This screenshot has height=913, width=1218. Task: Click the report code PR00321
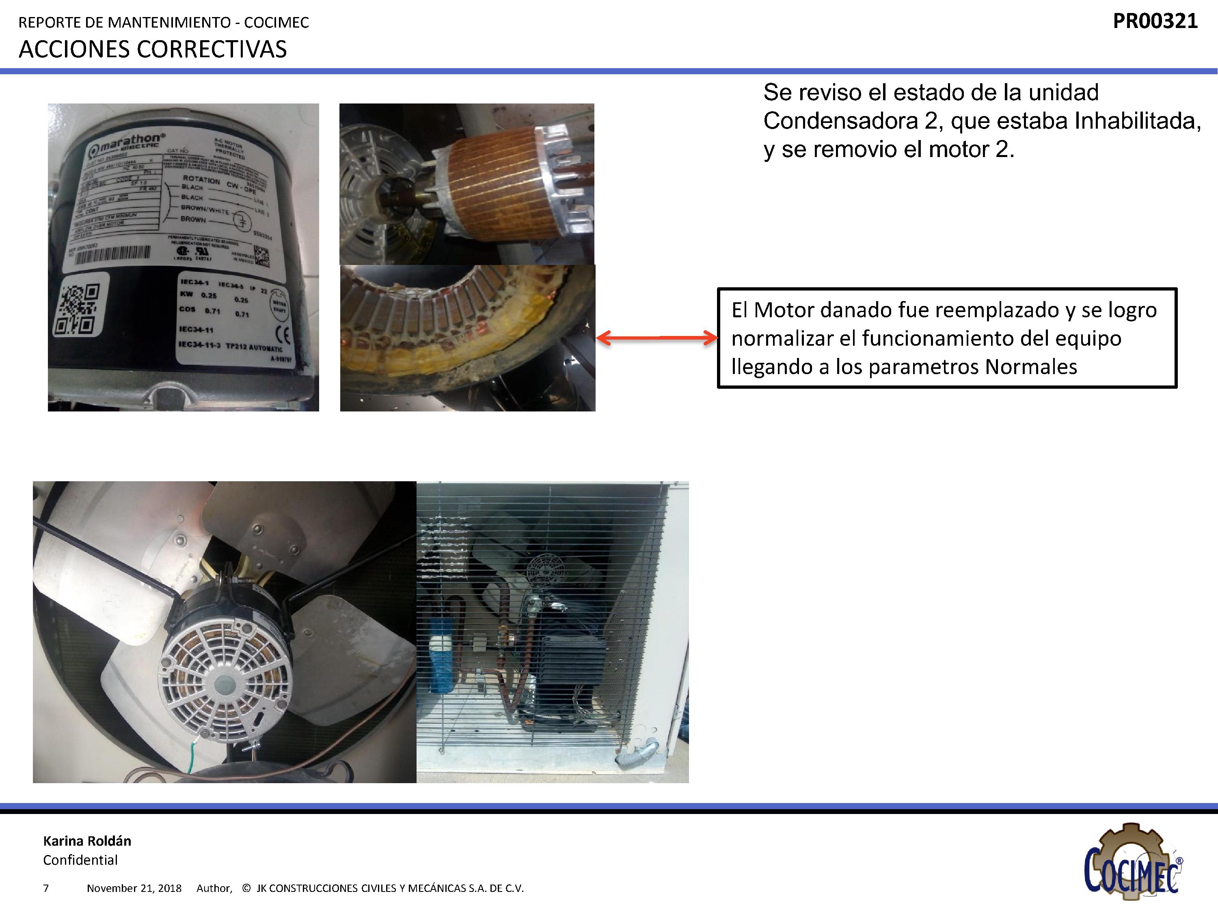(1155, 22)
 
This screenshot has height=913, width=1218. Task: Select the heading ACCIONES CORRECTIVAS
(153, 50)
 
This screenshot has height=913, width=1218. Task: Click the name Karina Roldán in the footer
(87, 841)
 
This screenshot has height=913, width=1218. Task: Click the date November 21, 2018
(134, 888)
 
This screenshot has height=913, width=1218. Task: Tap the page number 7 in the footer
(46, 888)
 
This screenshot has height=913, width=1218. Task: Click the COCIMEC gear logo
(1134, 862)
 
